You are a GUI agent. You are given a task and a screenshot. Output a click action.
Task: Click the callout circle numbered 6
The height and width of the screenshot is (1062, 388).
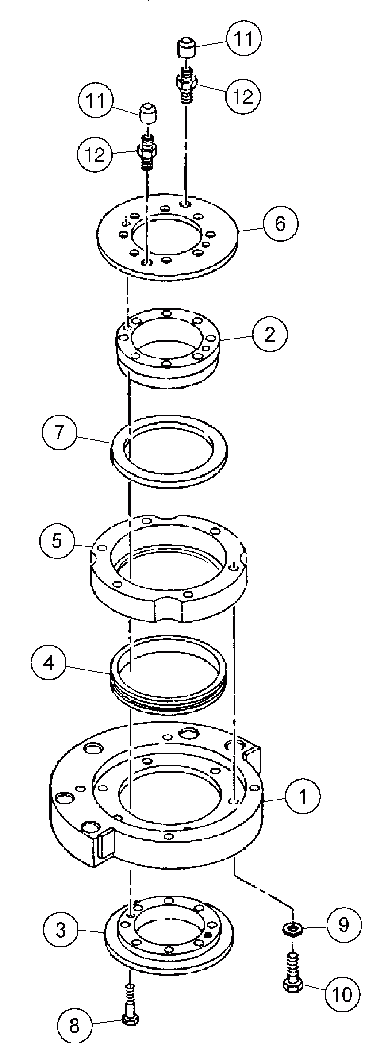click(280, 223)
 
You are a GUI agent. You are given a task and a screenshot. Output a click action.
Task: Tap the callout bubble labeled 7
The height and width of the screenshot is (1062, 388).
click(59, 432)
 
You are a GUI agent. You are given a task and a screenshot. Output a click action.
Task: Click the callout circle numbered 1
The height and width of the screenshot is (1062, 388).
click(303, 796)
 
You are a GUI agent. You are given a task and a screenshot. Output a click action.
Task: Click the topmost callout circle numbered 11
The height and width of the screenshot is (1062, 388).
click(244, 38)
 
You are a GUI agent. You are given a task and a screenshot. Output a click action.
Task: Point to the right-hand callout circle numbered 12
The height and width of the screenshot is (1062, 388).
click(242, 96)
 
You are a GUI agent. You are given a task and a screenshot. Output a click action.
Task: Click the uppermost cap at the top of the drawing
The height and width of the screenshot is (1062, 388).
click(187, 47)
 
